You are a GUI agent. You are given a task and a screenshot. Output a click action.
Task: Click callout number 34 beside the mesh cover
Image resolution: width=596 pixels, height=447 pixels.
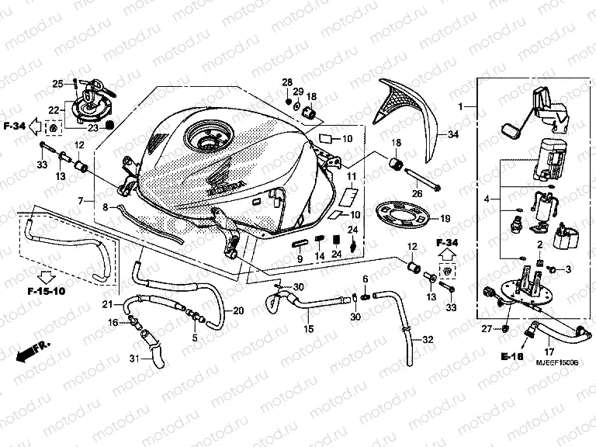tap(454, 135)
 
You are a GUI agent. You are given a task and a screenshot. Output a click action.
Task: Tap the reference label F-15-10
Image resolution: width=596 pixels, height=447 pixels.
tap(36, 293)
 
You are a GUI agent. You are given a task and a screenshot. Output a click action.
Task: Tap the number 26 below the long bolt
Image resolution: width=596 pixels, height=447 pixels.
tap(417, 194)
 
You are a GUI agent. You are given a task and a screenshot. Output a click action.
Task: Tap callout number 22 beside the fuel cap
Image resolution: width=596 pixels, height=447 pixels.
tap(54, 109)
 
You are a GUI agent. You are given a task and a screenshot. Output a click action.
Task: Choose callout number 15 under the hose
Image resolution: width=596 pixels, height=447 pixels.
tap(309, 329)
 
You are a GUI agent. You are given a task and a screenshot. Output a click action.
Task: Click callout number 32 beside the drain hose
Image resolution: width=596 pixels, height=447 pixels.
tap(428, 340)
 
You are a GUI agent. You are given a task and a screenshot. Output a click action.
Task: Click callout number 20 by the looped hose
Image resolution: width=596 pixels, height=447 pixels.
tap(237, 310)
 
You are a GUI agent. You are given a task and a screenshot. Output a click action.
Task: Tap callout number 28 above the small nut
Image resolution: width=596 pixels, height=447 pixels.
tap(286, 83)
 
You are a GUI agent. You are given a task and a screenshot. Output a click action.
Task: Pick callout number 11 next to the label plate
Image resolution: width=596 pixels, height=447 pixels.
tap(351, 178)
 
